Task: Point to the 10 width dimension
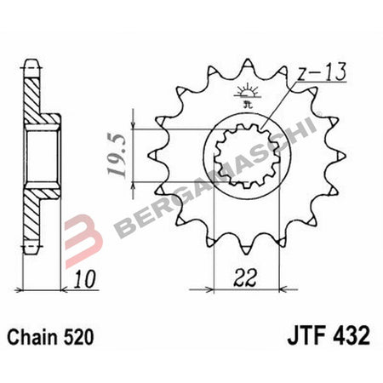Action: (80, 277)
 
